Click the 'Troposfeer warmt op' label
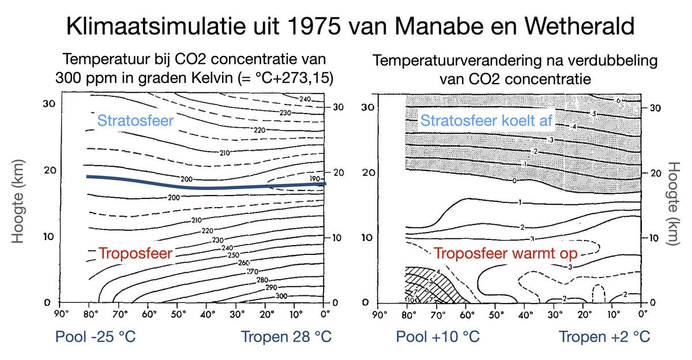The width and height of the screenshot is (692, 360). point(506,253)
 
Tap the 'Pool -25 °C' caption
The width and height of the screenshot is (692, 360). point(96,336)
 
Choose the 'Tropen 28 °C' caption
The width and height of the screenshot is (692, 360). point(286,336)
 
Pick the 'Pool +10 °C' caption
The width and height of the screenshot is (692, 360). point(438,336)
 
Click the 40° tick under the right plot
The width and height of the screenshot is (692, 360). point(526,316)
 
